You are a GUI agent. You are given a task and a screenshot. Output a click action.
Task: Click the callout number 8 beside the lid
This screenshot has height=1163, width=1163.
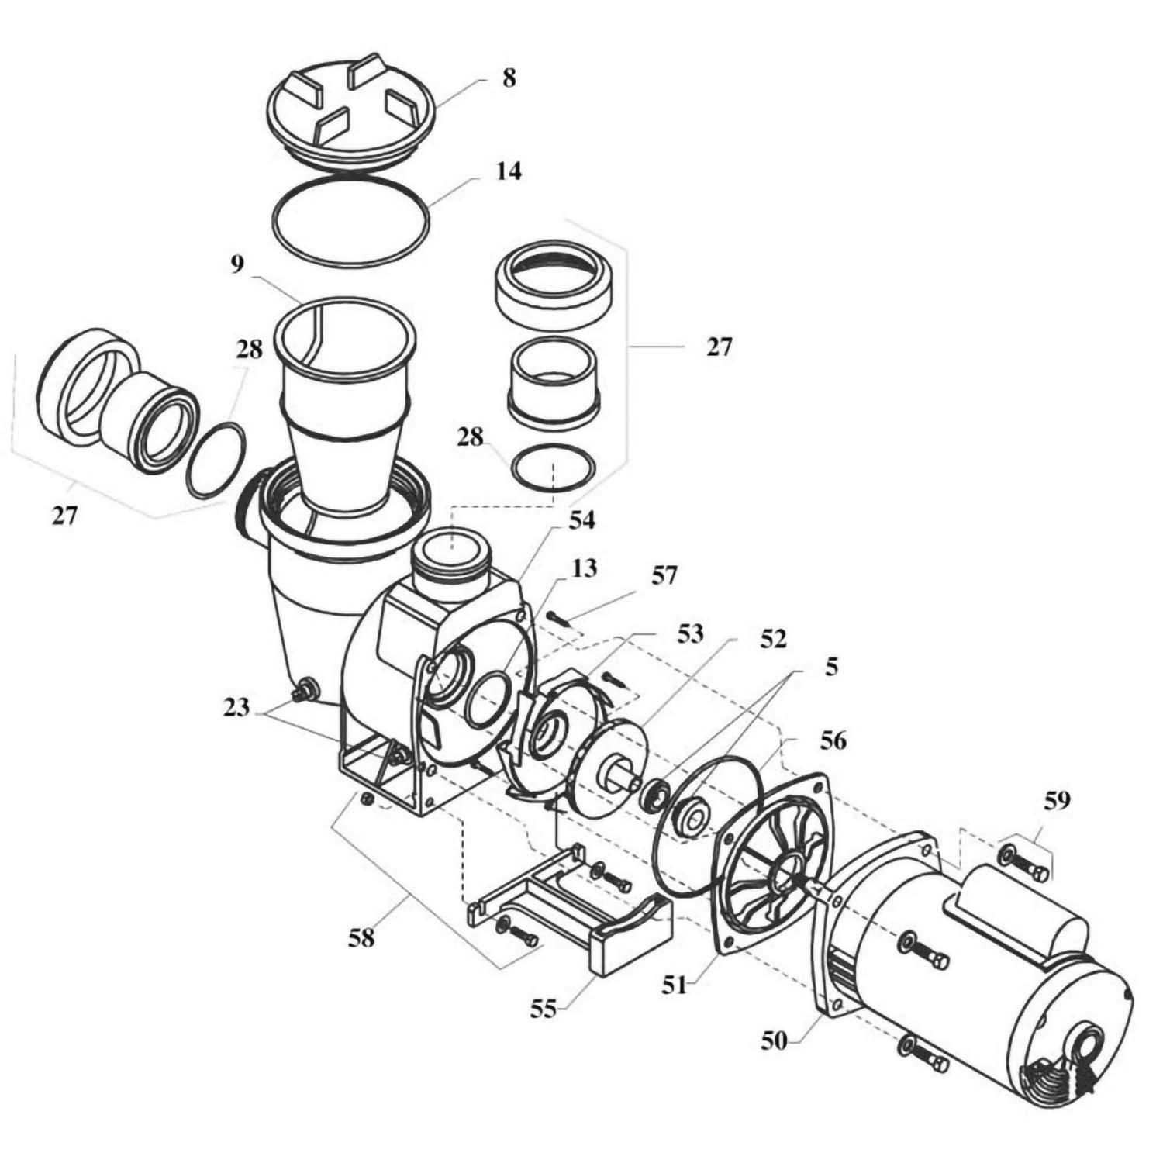[x=509, y=79]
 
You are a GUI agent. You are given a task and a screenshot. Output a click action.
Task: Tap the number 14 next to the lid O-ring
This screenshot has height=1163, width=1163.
[x=509, y=171]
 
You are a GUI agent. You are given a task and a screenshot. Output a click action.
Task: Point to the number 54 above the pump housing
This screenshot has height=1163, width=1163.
[x=581, y=521]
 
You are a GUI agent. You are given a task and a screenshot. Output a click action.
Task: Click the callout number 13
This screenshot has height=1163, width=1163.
[x=585, y=569]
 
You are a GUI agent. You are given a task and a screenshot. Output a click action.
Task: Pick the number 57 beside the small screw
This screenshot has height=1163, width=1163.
[x=664, y=575]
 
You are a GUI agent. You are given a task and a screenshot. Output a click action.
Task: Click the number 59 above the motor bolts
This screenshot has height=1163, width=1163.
[x=1057, y=800]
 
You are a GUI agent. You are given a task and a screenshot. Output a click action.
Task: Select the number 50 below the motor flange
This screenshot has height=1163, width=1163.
[x=774, y=1041]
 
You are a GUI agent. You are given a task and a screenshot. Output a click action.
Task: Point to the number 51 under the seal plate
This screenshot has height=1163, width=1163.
[x=675, y=985]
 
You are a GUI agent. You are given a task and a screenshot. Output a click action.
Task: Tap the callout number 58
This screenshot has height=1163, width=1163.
[x=361, y=938]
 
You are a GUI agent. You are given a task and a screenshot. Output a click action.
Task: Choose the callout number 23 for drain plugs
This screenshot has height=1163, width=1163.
[x=237, y=708]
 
